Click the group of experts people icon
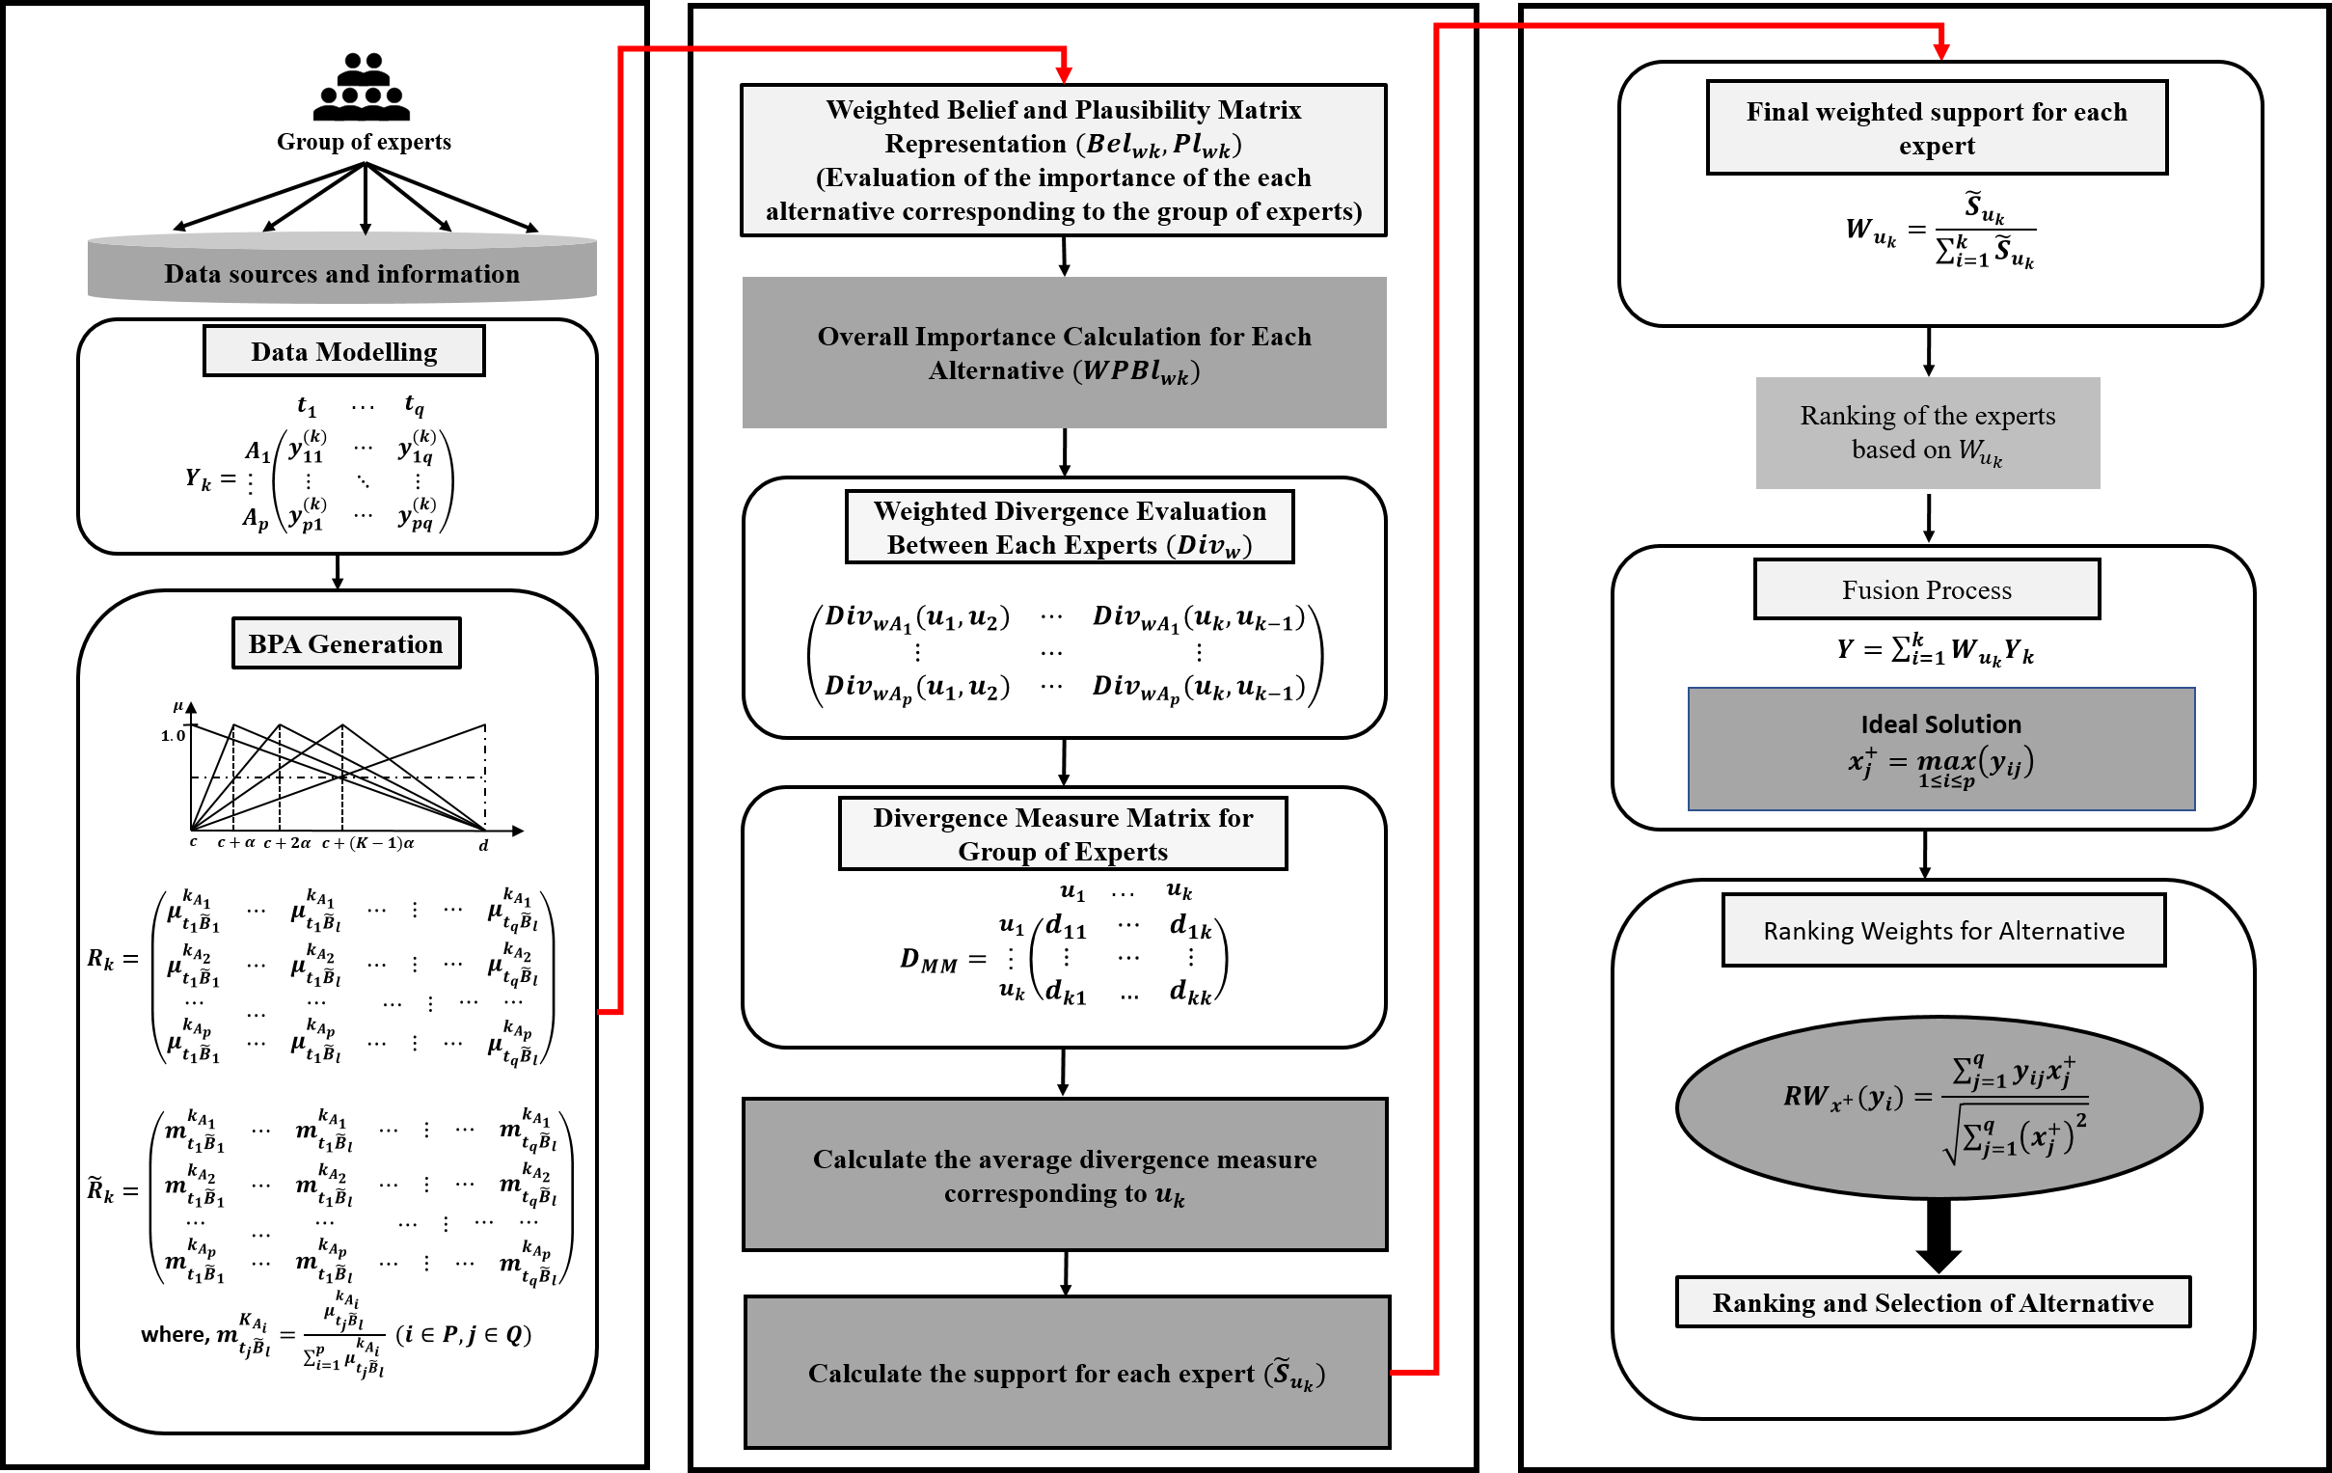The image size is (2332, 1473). pos(363,88)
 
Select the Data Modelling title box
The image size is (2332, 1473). pos(343,351)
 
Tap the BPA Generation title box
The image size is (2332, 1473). pos(345,644)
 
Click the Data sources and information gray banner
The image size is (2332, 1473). pos(341,271)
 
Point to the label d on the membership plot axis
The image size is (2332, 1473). pos(484,845)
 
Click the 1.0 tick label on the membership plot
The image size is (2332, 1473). pos(172,736)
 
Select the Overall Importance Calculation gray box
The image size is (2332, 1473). pos(1065,352)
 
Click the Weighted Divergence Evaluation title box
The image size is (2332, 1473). pos(1070,528)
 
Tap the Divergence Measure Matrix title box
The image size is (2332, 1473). pos(1063,833)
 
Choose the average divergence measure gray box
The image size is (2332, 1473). pos(1065,1175)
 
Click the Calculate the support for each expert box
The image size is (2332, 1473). pos(1067,1373)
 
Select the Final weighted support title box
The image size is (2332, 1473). pos(1937,128)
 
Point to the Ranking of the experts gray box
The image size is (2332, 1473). pos(1927,433)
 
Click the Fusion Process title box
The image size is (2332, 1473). pos(1926,589)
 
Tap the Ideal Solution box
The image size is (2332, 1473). pos(1940,749)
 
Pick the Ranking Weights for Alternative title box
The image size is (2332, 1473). pos(1943,931)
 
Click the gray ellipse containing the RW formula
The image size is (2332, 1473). pos(1939,1107)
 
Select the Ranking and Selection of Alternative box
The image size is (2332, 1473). pos(1933,1302)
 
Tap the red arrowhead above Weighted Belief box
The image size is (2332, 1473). pos(1065,74)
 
